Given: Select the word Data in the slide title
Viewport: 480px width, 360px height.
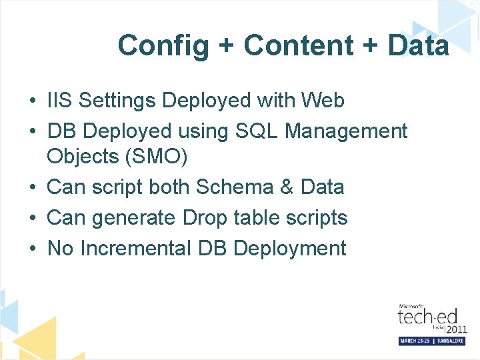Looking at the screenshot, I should point(418,45).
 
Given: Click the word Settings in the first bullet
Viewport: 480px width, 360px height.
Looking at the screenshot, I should point(117,101).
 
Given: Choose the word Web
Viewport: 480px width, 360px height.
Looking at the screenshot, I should point(323,101).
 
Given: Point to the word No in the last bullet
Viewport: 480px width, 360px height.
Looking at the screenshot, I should point(60,249).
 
